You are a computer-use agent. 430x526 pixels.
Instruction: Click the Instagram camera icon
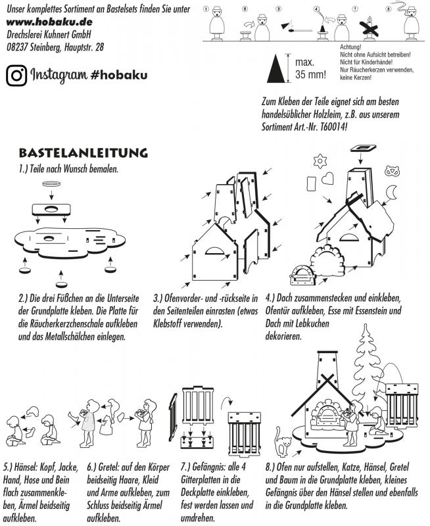point(16,74)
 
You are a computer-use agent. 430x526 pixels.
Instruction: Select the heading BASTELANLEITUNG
point(83,153)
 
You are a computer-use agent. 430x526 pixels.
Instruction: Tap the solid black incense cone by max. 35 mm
point(281,68)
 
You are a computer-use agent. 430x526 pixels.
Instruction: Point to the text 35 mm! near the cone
point(310,74)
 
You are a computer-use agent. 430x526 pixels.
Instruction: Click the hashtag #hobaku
point(120,74)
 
